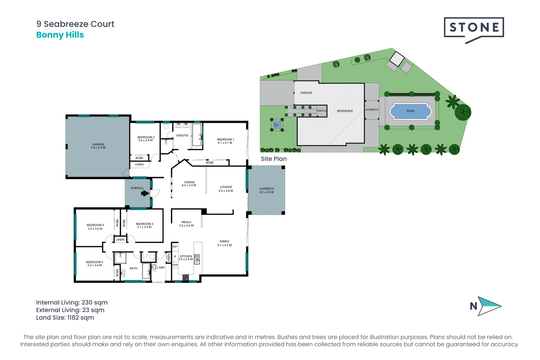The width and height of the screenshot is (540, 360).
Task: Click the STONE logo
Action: click(474, 28)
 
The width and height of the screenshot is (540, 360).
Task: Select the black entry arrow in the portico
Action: click(145, 193)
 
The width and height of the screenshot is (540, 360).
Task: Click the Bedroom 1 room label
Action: click(225, 141)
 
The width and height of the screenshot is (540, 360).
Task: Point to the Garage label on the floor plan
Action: click(98, 146)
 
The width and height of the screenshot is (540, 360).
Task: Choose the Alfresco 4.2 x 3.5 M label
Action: click(267, 190)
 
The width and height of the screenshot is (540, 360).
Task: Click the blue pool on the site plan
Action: click(411, 111)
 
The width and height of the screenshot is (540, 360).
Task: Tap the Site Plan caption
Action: click(274, 159)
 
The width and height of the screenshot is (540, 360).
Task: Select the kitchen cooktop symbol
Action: click(186, 277)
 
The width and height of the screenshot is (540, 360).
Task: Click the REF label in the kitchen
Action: click(175, 247)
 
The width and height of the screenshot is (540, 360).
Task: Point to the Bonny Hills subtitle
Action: click(60, 35)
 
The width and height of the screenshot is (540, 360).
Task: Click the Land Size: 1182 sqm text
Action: click(65, 318)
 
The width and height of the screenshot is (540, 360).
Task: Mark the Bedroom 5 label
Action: click(95, 264)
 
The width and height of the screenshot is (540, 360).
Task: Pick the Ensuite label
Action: click(182, 136)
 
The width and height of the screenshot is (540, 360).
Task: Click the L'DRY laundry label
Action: click(161, 268)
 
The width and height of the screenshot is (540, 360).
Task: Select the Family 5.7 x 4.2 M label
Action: click(224, 243)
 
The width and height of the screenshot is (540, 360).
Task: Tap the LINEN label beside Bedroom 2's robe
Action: click(139, 165)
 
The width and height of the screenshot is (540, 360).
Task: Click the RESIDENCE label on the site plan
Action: click(345, 111)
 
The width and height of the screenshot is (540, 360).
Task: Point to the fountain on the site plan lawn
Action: click(276, 125)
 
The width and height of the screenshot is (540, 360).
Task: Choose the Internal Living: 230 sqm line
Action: click(72, 303)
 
